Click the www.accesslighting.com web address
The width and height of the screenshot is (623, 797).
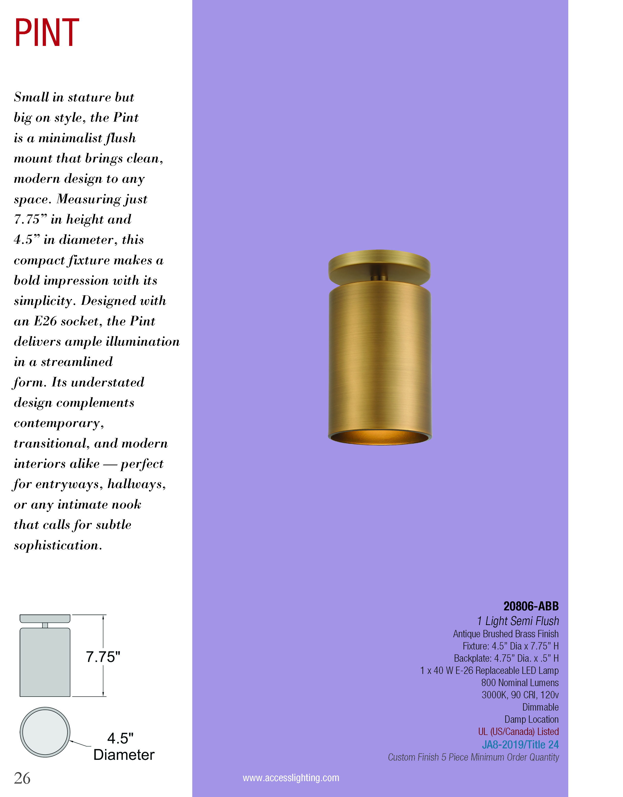click(291, 778)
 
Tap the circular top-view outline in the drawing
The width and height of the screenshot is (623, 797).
click(45, 732)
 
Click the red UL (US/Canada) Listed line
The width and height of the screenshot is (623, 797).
click(518, 732)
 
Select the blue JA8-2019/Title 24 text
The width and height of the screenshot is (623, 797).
click(520, 744)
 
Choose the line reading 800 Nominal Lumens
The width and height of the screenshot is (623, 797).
click(520, 683)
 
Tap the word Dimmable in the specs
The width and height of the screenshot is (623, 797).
click(540, 707)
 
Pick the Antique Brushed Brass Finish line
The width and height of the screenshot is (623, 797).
click(505, 634)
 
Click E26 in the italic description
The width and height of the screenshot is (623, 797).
click(45, 321)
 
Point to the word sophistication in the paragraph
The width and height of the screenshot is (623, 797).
click(58, 545)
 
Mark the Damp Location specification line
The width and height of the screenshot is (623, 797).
click(531, 719)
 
